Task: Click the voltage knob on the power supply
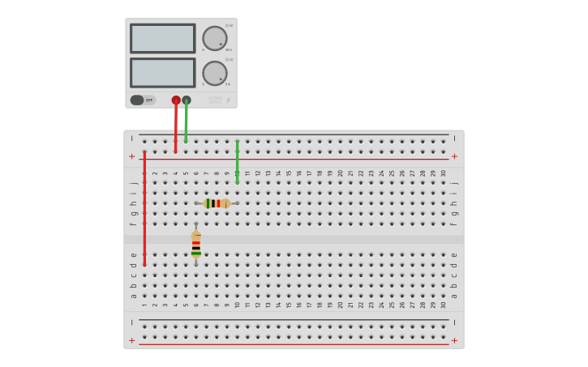214,38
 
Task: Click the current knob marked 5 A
214,73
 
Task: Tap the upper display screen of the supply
162,38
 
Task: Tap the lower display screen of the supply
162,72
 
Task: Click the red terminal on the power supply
176,100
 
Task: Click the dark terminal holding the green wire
187,100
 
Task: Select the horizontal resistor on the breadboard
216,203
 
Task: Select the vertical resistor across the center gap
195,244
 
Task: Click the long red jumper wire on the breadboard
144,207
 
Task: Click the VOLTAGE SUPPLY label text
215,100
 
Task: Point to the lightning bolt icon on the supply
228,100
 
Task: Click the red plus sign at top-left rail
132,156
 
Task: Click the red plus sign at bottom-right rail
454,340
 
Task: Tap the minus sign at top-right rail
454,139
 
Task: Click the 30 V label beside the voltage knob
229,50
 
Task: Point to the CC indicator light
228,59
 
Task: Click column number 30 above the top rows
444,173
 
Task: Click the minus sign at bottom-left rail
132,322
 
